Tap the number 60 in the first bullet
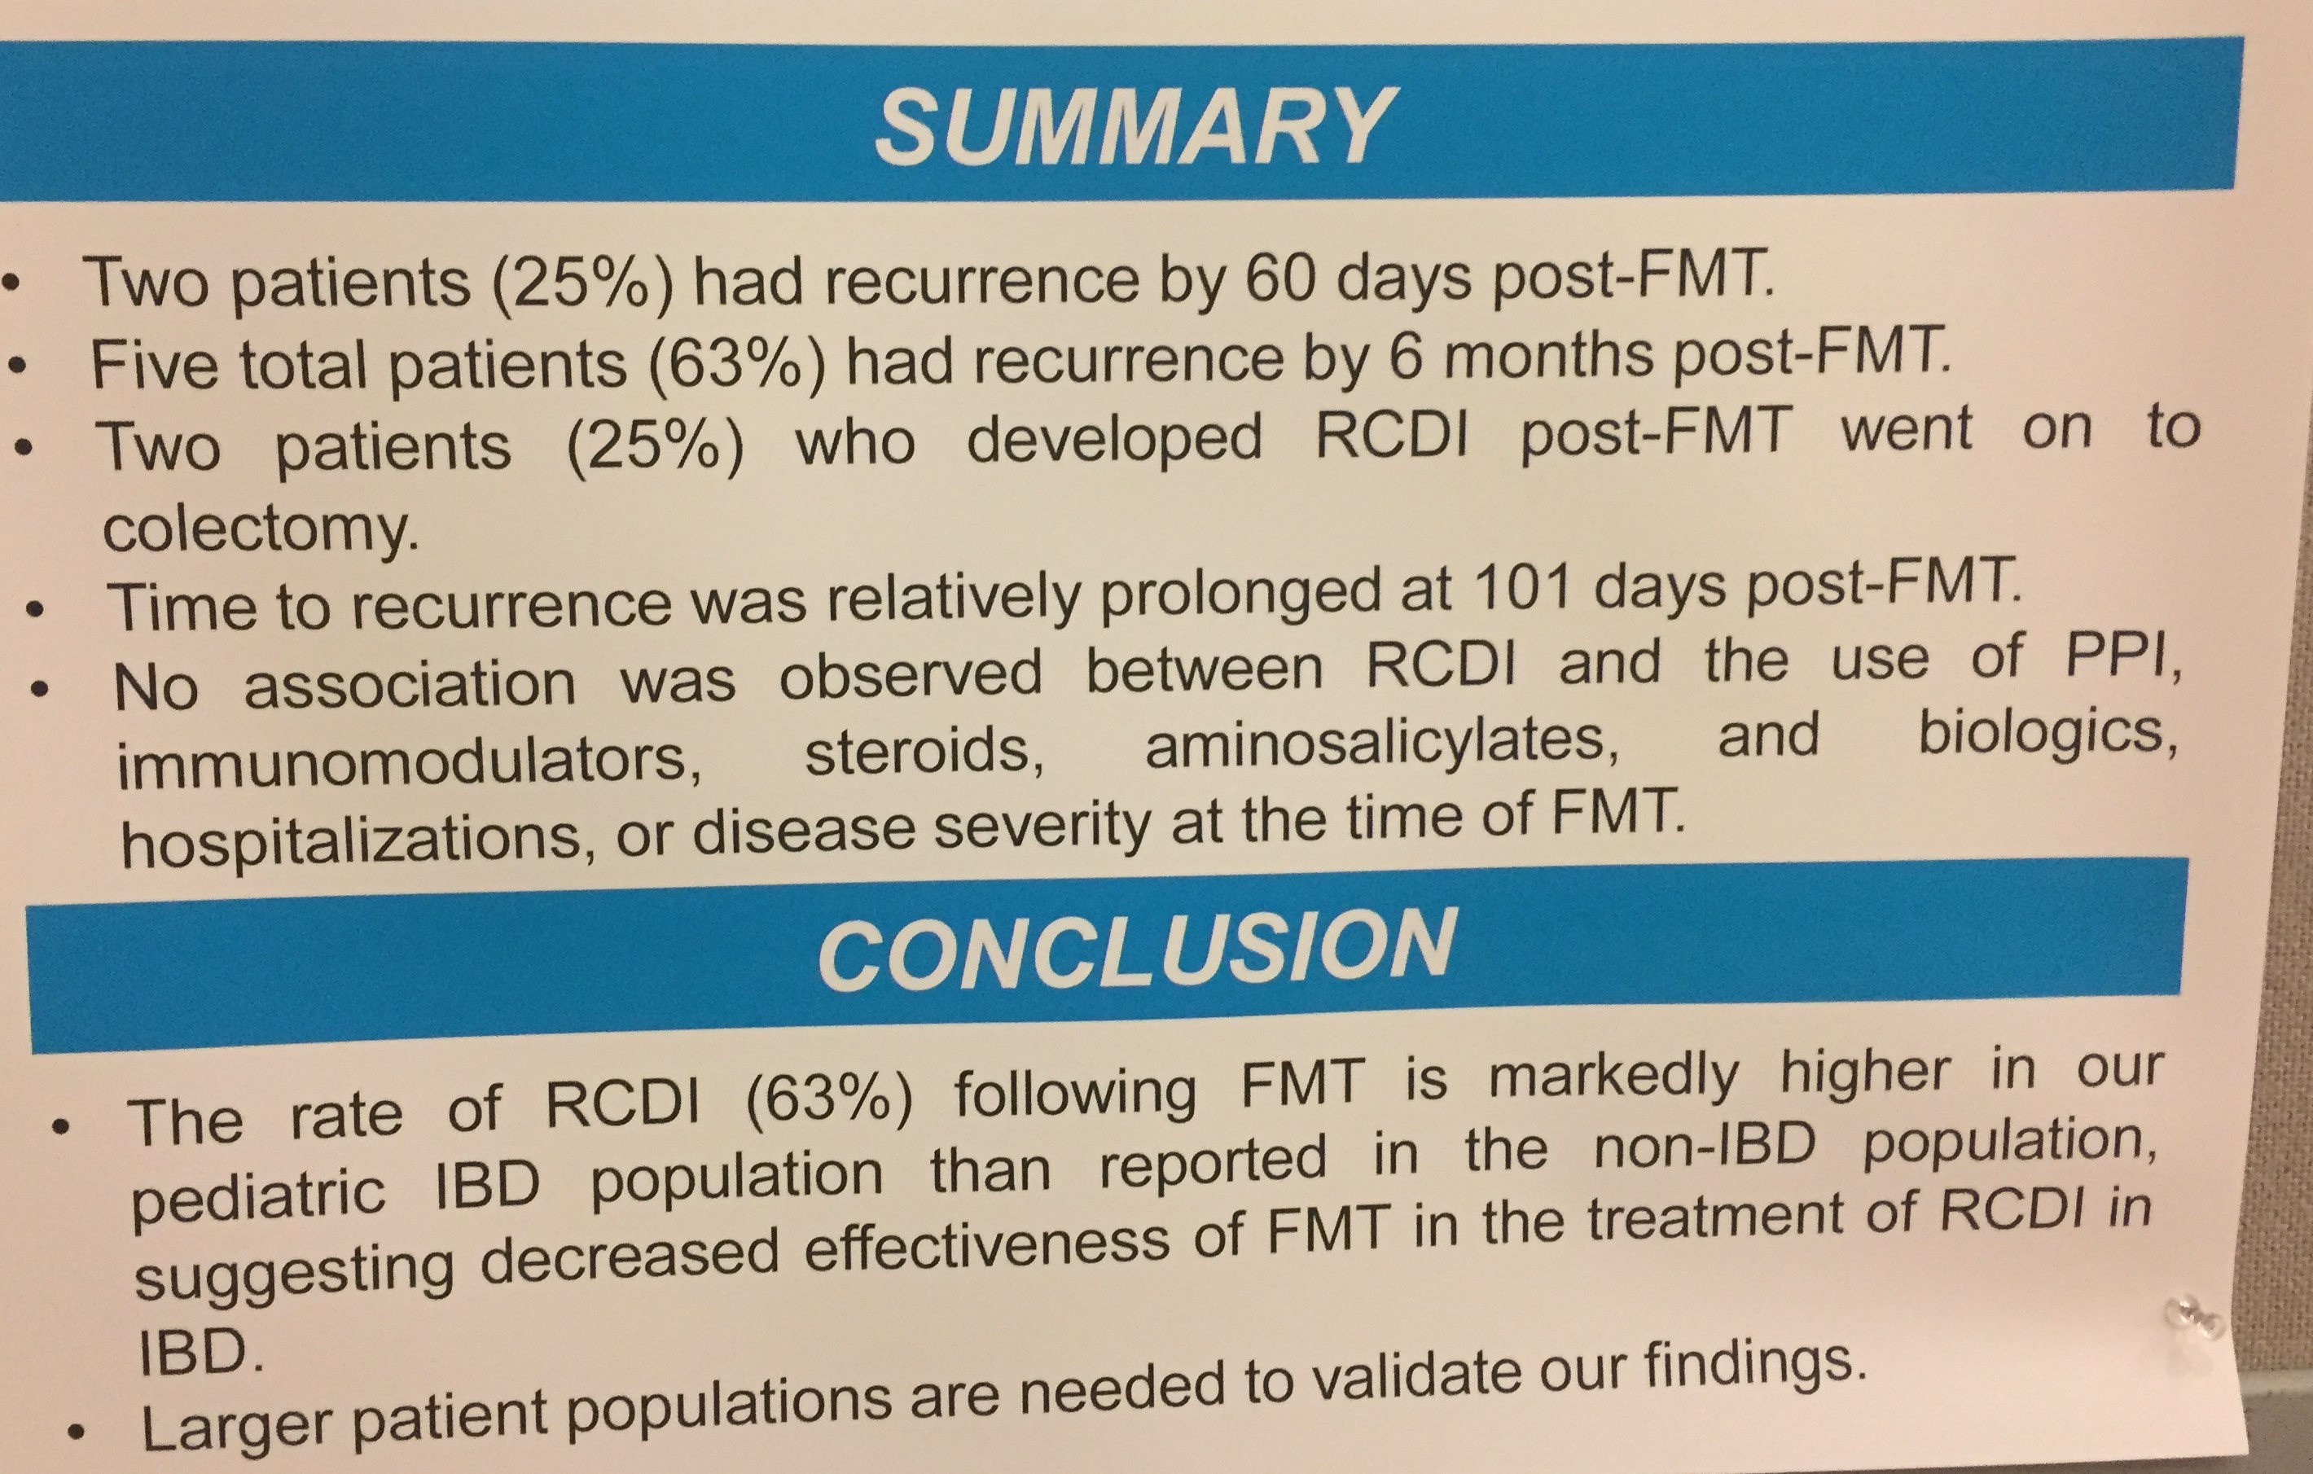[1283, 279]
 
